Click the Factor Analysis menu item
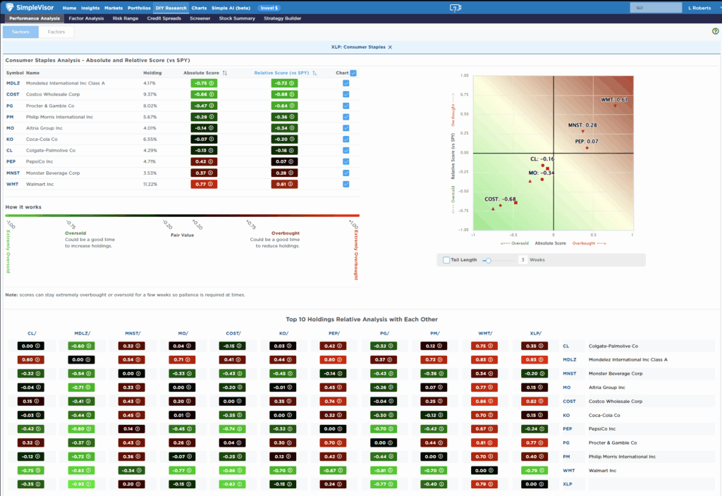[x=86, y=18]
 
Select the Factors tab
[x=56, y=32]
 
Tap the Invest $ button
[x=268, y=8]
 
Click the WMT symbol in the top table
[x=13, y=184]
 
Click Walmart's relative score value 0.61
[x=284, y=184]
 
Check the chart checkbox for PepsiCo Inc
[x=345, y=161]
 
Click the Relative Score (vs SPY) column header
[x=281, y=73]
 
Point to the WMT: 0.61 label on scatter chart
[x=613, y=100]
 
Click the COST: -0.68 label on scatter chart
[x=500, y=199]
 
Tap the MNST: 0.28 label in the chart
[x=582, y=125]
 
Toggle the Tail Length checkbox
[x=446, y=260]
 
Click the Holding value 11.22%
[x=150, y=184]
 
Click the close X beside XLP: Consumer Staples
[x=390, y=46]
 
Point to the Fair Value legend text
[x=182, y=235]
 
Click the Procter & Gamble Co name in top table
[x=51, y=105]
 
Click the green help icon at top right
[x=715, y=32]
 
